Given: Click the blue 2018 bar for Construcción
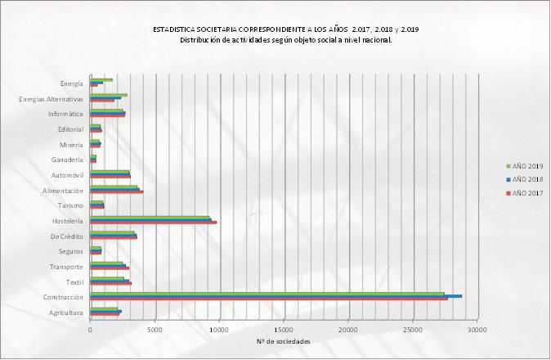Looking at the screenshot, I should click(275, 296).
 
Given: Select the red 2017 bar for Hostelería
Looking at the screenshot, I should click(153, 223).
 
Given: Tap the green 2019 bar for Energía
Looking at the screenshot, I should click(101, 80).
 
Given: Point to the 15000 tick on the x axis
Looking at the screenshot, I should click(284, 331).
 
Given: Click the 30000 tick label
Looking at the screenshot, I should click(477, 331).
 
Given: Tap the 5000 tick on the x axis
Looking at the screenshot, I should click(155, 331).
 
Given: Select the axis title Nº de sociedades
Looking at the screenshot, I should click(283, 341).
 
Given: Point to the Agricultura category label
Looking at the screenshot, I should click(65, 313).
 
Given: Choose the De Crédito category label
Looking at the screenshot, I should click(65, 236).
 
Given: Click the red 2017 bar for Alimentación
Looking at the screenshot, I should click(116, 192).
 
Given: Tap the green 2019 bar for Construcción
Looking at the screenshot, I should click(267, 293).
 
